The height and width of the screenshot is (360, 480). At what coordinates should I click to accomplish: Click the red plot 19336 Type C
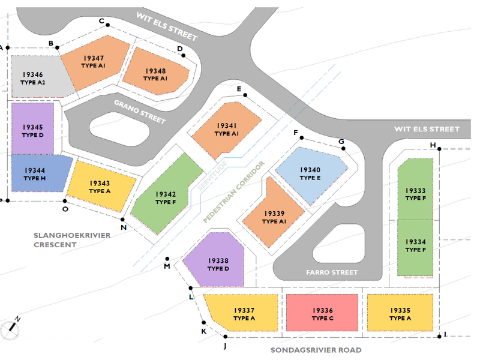pyautogui.click(x=322, y=312)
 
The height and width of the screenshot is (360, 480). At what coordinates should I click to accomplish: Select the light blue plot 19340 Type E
pyautogui.click(x=311, y=175)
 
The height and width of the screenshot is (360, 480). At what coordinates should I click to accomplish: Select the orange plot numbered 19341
pyautogui.click(x=227, y=130)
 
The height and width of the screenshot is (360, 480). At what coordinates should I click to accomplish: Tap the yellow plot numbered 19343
pyautogui.click(x=101, y=186)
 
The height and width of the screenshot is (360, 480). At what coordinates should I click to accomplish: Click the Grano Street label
pyautogui.click(x=140, y=112)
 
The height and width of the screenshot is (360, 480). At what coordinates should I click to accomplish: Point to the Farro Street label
pyautogui.click(x=332, y=272)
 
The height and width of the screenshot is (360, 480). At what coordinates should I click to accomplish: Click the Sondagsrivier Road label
pyautogui.click(x=316, y=350)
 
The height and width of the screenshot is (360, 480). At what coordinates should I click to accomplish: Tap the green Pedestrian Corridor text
pyautogui.click(x=233, y=192)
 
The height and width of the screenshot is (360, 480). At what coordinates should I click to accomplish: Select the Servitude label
pyautogui.click(x=212, y=175)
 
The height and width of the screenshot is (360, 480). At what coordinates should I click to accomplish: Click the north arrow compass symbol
pyautogui.click(x=11, y=329)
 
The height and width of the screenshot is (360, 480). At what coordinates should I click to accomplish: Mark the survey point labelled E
pyautogui.click(x=245, y=95)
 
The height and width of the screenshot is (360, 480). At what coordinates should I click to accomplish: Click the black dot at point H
pyautogui.click(x=439, y=149)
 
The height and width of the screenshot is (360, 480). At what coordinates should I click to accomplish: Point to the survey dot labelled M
pyautogui.click(x=167, y=259)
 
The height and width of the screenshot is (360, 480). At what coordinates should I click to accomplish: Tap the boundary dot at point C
pyautogui.click(x=107, y=25)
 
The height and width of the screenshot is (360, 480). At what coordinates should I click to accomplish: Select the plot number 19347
pyautogui.click(x=94, y=58)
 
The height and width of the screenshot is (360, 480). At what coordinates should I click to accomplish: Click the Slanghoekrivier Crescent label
pyautogui.click(x=72, y=240)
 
